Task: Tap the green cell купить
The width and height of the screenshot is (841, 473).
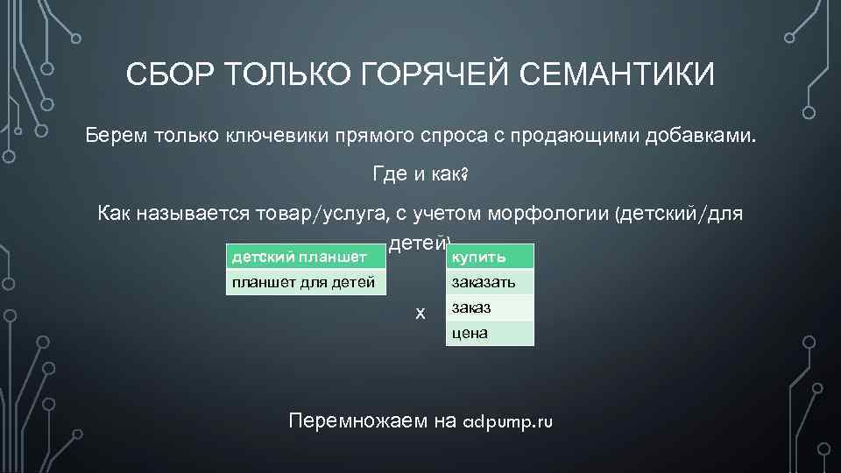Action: pos(489,257)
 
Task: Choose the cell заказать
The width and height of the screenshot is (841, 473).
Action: pos(489,282)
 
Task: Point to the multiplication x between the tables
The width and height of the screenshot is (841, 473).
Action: pos(420,313)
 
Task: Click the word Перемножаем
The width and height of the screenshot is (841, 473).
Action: pos(358,421)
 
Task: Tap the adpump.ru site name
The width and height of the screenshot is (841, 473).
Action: pos(507,421)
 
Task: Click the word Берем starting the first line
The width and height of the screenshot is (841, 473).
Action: pos(117,136)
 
